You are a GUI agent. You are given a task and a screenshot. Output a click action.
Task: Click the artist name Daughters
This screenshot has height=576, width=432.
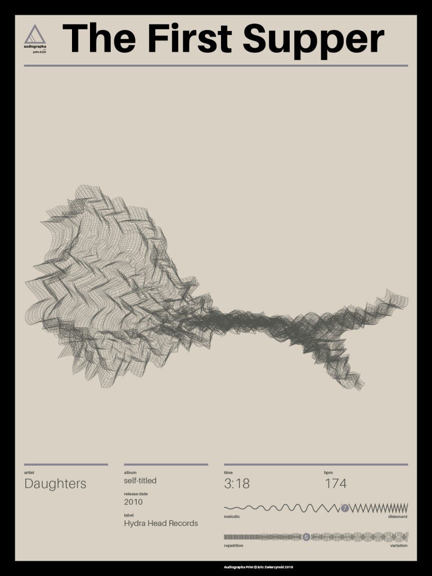(x=55, y=484)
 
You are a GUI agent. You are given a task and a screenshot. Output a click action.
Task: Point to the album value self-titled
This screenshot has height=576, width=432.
(x=140, y=481)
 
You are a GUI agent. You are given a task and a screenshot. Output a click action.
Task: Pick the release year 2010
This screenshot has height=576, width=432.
(x=133, y=502)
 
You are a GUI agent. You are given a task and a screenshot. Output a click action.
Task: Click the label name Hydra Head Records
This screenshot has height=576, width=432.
(x=161, y=523)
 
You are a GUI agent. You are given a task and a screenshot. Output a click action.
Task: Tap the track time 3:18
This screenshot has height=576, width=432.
(x=236, y=484)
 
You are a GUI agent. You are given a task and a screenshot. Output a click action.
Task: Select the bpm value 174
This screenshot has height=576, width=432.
(x=335, y=484)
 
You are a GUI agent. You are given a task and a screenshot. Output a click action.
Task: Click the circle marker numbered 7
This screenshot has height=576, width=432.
(x=345, y=508)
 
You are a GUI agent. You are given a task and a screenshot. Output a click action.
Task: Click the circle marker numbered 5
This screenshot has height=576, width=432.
(x=306, y=537)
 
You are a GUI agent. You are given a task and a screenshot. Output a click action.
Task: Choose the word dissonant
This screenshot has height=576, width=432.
(x=397, y=516)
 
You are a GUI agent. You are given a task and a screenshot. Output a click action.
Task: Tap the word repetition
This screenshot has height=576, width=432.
(x=233, y=546)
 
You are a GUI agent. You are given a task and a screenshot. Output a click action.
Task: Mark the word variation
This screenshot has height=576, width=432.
(x=398, y=546)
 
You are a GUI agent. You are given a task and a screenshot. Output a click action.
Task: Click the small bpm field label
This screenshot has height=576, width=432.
(x=328, y=472)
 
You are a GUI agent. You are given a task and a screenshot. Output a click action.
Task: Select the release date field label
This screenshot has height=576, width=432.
(x=136, y=494)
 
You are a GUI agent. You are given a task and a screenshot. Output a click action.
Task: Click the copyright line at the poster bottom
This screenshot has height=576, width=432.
(x=258, y=568)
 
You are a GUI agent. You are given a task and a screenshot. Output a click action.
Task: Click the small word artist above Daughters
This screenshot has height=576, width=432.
(x=29, y=472)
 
